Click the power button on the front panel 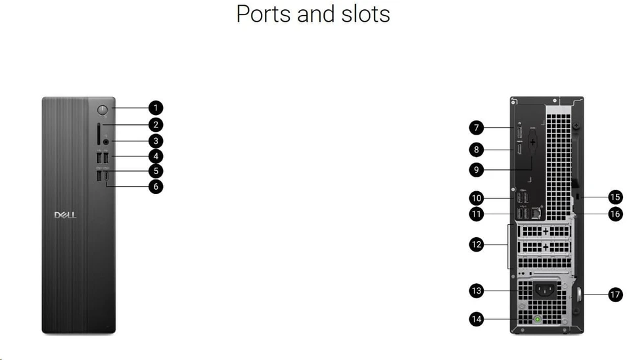pos(103,110)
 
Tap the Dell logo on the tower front pos(65,215)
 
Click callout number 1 pos(156,108)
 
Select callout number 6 pos(156,186)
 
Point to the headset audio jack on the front pos(106,141)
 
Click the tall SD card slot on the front pos(99,135)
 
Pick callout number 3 pos(156,141)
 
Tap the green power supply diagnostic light pos(538,319)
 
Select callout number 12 pos(476,244)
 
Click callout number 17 pos(615,295)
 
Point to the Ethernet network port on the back pos(536,214)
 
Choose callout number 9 pos(476,169)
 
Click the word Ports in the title pos(264,14)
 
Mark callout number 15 pos(615,197)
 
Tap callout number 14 pos(476,319)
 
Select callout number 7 pos(476,128)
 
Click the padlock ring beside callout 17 pos(578,295)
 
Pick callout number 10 pos(476,198)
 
